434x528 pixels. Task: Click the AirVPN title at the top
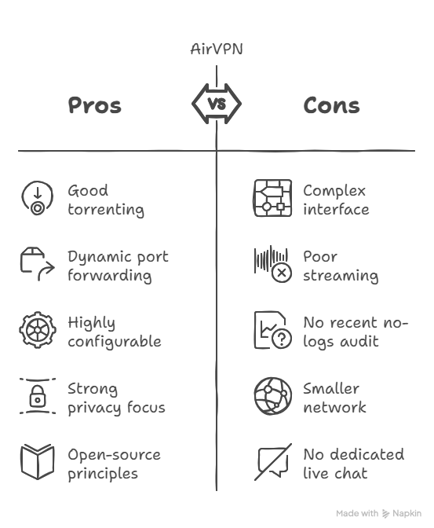click(217, 49)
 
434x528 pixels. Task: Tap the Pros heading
click(94, 105)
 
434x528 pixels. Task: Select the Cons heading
click(331, 105)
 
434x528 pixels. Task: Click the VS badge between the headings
click(217, 104)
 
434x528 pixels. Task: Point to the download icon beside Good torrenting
click(38, 198)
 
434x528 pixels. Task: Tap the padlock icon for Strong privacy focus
click(38, 396)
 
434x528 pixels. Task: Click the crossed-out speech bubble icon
click(273, 462)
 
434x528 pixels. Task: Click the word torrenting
click(106, 210)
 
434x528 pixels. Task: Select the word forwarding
click(110, 276)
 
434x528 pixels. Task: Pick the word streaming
click(341, 276)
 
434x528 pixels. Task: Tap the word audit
click(359, 342)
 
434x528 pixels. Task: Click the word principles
click(103, 474)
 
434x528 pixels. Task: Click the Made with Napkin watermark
click(379, 513)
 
